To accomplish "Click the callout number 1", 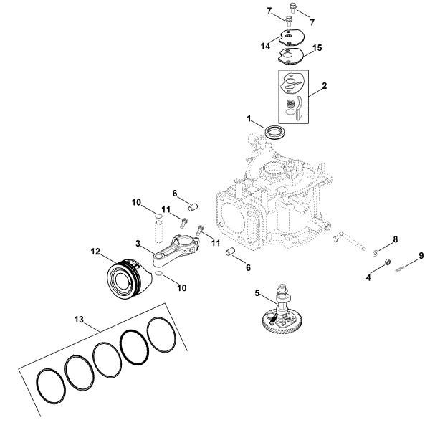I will click(x=250, y=117).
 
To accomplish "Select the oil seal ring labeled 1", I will click(x=274, y=132).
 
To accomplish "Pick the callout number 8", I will click(x=395, y=240).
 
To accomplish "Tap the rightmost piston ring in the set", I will click(x=162, y=334).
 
